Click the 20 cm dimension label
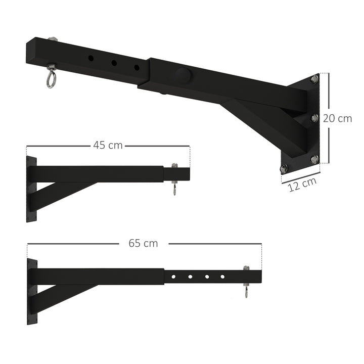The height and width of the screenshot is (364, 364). click(337, 119)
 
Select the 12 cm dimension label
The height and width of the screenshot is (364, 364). click(302, 184)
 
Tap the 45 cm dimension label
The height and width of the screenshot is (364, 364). click(108, 145)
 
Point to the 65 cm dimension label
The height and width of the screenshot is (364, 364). click(143, 243)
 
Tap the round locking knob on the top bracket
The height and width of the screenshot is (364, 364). click(183, 75)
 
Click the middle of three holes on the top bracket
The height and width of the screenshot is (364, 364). click(114, 63)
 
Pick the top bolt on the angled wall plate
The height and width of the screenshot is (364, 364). click(314, 79)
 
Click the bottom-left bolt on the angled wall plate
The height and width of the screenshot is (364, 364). click(284, 168)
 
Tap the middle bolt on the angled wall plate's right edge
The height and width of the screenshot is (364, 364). click(314, 118)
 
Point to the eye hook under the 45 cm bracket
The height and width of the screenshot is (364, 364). click(174, 190)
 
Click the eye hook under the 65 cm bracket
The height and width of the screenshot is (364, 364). click(246, 292)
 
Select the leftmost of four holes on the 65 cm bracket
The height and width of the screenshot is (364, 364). click(173, 277)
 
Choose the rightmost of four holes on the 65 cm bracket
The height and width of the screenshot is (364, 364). click(222, 277)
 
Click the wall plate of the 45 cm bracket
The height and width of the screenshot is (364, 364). click(31, 190)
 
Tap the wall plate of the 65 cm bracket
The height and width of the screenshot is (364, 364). click(32, 292)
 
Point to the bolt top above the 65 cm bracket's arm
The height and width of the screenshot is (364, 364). click(246, 268)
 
